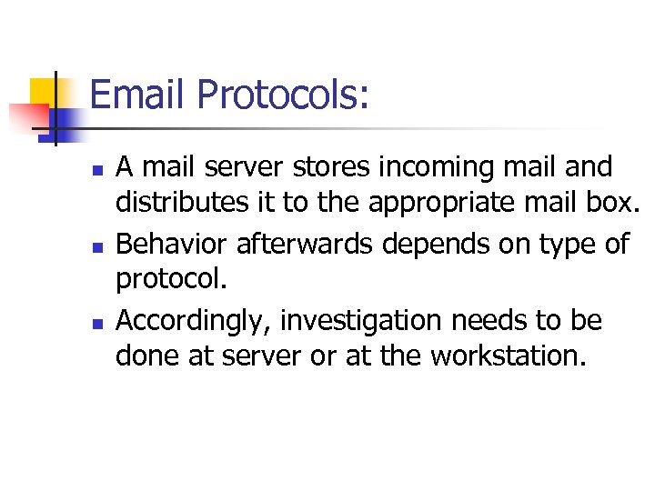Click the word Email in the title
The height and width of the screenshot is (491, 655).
point(139,95)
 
